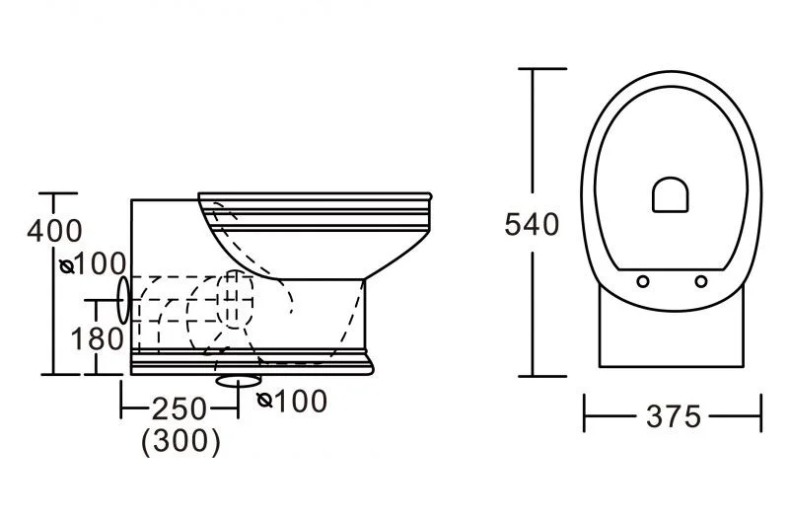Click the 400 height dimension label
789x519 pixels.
[x=54, y=231]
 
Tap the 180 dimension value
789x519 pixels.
[x=97, y=338]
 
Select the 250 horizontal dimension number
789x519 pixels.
[x=179, y=408]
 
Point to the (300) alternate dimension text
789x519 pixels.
[x=181, y=441]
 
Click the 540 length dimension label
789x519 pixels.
[x=532, y=225]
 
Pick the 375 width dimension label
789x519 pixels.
[x=674, y=416]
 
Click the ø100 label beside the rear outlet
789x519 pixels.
[x=93, y=263]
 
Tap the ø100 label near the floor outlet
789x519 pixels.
[x=292, y=402]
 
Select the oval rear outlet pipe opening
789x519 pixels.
[x=123, y=300]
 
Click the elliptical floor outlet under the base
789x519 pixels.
[x=239, y=381]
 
